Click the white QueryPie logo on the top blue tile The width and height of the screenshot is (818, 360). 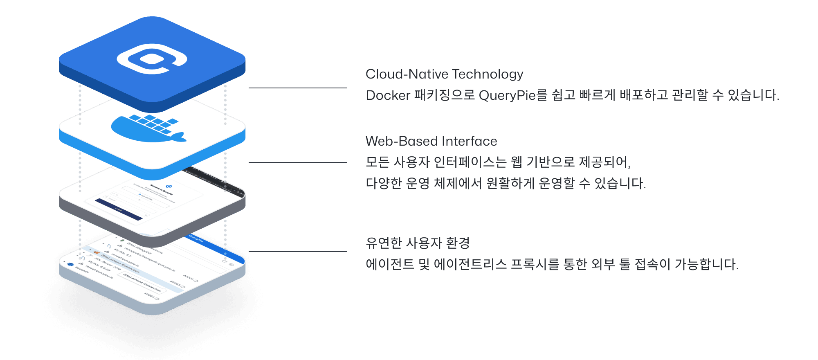click(x=152, y=60)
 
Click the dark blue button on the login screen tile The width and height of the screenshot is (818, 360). click(x=119, y=209)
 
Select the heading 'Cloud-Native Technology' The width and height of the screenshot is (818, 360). click(x=444, y=74)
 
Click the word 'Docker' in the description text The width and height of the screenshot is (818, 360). click(x=388, y=95)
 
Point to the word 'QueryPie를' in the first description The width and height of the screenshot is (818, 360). click(x=512, y=95)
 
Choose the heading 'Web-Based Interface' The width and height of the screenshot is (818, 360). click(x=431, y=141)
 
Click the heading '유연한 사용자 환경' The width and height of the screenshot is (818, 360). click(x=417, y=243)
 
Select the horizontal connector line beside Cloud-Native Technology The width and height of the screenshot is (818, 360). click(x=297, y=88)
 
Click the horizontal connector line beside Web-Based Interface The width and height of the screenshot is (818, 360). click(x=297, y=162)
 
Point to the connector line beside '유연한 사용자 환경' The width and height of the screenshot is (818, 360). click(x=297, y=252)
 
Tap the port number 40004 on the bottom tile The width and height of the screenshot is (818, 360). click(x=151, y=296)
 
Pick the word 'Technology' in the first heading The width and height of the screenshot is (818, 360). click(x=488, y=74)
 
